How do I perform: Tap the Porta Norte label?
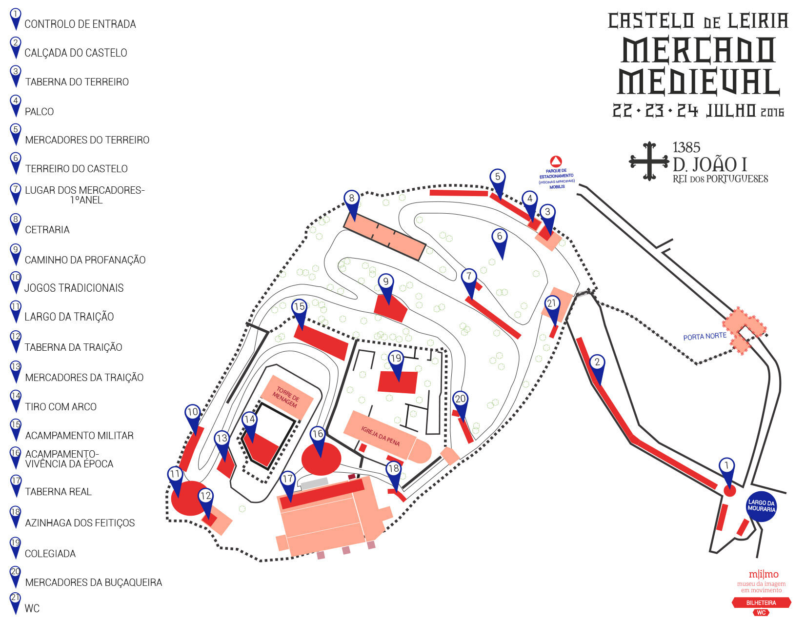click(704, 337)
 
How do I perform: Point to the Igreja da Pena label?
click(381, 436)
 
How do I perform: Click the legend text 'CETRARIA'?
click(47, 230)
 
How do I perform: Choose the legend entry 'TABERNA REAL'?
click(58, 492)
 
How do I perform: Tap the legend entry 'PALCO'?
click(39, 112)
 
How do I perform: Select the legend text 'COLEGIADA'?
click(50, 554)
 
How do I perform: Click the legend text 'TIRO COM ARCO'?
click(60, 407)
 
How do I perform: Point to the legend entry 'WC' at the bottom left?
click(32, 609)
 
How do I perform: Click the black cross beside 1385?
click(649, 161)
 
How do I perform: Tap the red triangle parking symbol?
click(556, 161)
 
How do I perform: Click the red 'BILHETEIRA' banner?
click(761, 603)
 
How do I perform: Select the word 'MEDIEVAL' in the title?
click(699, 82)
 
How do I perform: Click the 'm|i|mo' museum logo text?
click(764, 574)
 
